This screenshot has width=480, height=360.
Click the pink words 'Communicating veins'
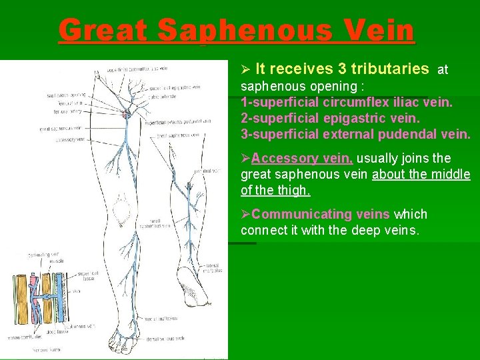[x=321, y=214]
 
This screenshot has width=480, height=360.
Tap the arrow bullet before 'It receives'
[x=245, y=69]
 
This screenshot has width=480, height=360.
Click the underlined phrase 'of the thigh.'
[x=275, y=190]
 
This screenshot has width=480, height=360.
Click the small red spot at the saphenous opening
[x=125, y=115]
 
